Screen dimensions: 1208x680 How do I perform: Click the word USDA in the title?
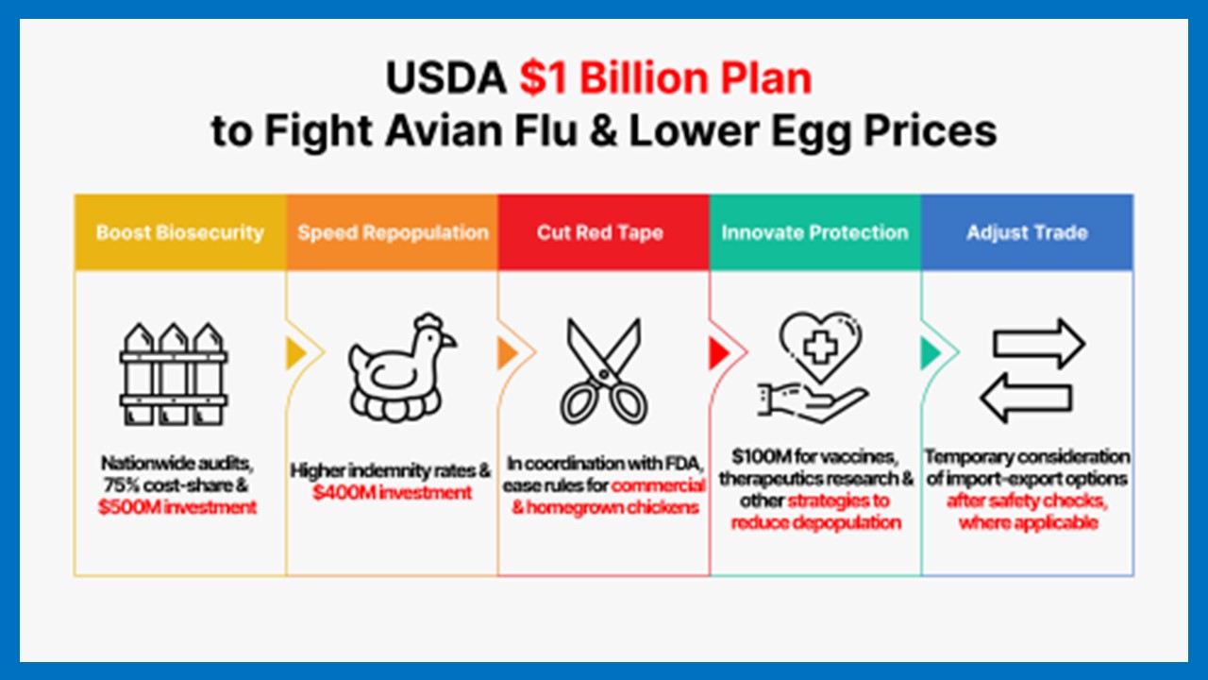tap(446, 78)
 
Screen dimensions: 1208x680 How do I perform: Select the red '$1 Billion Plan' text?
tap(665, 78)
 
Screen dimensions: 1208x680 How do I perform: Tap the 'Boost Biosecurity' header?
tap(180, 232)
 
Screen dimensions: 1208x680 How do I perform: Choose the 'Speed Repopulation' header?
tap(394, 232)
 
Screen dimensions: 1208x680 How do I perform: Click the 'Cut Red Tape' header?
tap(599, 232)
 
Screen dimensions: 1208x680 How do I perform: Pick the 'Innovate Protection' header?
tap(814, 232)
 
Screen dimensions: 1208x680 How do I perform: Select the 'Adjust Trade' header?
tap(1027, 232)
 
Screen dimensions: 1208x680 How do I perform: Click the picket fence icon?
tap(174, 374)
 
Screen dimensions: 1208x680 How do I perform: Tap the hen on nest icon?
tap(402, 367)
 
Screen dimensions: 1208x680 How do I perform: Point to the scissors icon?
tap(604, 372)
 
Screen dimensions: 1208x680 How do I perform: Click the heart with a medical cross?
tap(821, 347)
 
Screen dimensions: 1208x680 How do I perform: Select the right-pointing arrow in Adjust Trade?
tap(1039, 344)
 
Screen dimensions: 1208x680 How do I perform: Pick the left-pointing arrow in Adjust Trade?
tap(1026, 399)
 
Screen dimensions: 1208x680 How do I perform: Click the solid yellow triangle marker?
tap(296, 353)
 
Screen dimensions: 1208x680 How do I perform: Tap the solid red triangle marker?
tap(719, 353)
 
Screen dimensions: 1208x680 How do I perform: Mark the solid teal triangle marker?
tap(931, 353)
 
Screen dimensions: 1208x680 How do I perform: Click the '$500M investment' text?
tap(177, 507)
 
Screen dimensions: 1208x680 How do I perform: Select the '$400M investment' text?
tap(392, 493)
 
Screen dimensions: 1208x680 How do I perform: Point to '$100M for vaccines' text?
tap(814, 456)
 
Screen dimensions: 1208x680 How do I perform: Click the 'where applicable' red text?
tap(1029, 522)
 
